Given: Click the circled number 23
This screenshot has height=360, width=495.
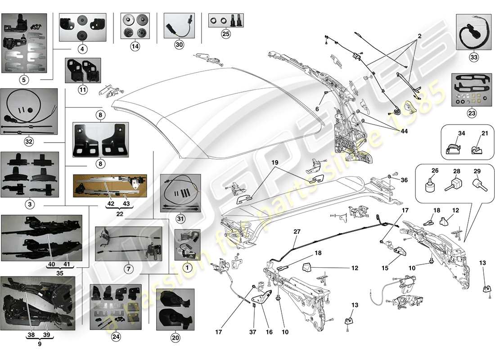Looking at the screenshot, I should tap(471, 113).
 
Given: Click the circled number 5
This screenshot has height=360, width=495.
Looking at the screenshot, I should tap(24, 80).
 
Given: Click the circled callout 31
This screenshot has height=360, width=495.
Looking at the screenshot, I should tap(180, 219).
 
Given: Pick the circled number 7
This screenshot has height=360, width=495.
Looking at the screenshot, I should tap(128, 269).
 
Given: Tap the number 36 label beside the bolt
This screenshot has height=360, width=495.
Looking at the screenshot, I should tap(405, 180).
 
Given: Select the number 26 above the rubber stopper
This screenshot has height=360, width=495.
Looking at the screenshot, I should tap(435, 171).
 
